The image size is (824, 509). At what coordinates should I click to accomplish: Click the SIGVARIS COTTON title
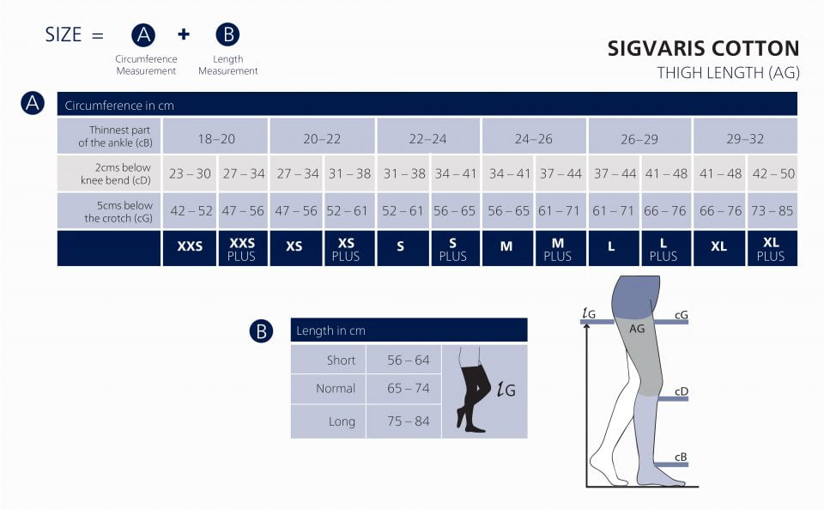pyautogui.click(x=703, y=49)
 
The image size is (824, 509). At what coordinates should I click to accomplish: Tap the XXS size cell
pyautogui.click(x=190, y=246)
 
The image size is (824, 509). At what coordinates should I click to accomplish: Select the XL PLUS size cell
pyautogui.click(x=771, y=248)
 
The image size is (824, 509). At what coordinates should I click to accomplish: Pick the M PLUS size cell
pyautogui.click(x=558, y=248)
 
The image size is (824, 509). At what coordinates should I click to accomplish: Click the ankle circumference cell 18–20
pyautogui.click(x=215, y=137)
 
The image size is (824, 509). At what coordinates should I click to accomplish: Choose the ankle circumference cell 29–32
pyautogui.click(x=744, y=137)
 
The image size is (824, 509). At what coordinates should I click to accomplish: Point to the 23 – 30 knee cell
pyautogui.click(x=190, y=173)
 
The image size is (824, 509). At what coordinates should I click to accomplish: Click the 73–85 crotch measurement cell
pyautogui.click(x=771, y=210)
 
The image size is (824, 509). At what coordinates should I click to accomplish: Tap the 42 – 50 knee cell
pyautogui.click(x=771, y=173)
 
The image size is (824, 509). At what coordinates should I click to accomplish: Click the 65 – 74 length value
pyautogui.click(x=408, y=388)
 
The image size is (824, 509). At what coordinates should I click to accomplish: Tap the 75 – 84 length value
pyautogui.click(x=408, y=421)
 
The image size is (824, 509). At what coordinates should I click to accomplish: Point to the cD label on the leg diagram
pyautogui.click(x=682, y=391)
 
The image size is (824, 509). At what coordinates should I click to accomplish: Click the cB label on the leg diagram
pyautogui.click(x=682, y=456)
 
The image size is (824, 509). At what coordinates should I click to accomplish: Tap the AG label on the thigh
pyautogui.click(x=637, y=328)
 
